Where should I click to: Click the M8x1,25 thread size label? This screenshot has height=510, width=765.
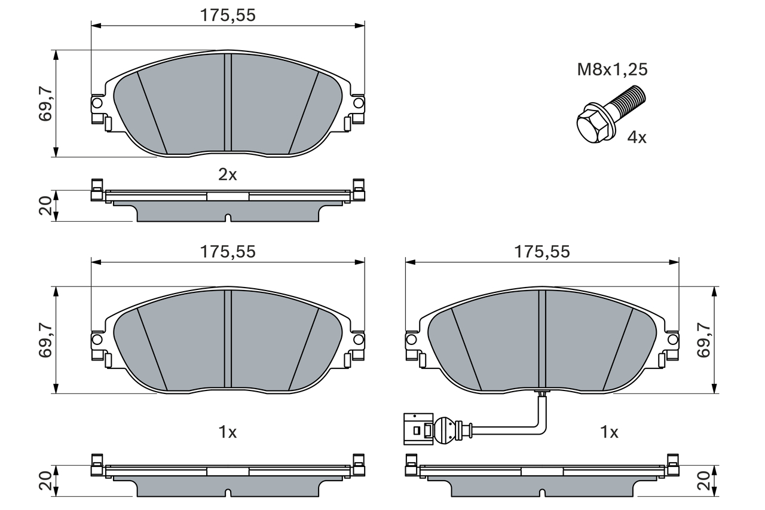click(x=612, y=70)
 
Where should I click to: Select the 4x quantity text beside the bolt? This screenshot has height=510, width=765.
click(x=637, y=138)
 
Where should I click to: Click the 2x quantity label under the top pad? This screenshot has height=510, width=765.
click(x=227, y=175)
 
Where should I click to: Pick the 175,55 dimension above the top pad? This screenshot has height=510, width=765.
click(x=227, y=16)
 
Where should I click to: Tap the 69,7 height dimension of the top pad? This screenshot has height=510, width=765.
click(x=46, y=103)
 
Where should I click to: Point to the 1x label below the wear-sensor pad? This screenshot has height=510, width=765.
click(x=608, y=432)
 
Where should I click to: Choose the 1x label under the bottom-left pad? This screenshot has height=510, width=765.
click(x=227, y=432)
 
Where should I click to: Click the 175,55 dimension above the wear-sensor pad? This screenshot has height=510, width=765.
click(x=542, y=252)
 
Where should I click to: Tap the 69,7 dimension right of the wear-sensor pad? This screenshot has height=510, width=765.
click(x=705, y=340)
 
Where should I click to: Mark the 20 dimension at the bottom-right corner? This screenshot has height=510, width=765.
click(x=705, y=481)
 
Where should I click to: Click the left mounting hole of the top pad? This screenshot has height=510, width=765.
click(x=97, y=103)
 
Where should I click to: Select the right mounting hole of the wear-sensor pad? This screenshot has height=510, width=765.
click(x=673, y=340)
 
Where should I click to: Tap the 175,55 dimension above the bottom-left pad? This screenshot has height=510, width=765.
click(x=227, y=252)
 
